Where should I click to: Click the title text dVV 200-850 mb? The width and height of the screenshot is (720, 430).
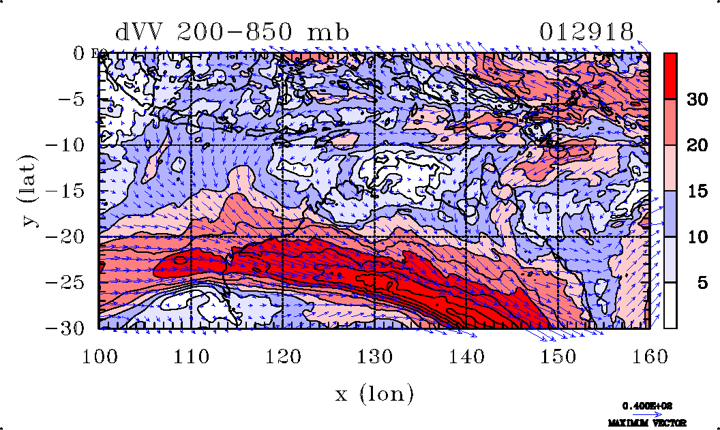click(x=232, y=32)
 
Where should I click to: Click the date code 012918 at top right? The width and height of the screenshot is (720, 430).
click(x=587, y=32)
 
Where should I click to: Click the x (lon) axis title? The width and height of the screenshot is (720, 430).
click(x=374, y=393)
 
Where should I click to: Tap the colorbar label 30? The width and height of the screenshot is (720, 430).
click(x=696, y=100)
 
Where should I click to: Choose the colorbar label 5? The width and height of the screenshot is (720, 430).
click(x=701, y=282)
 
